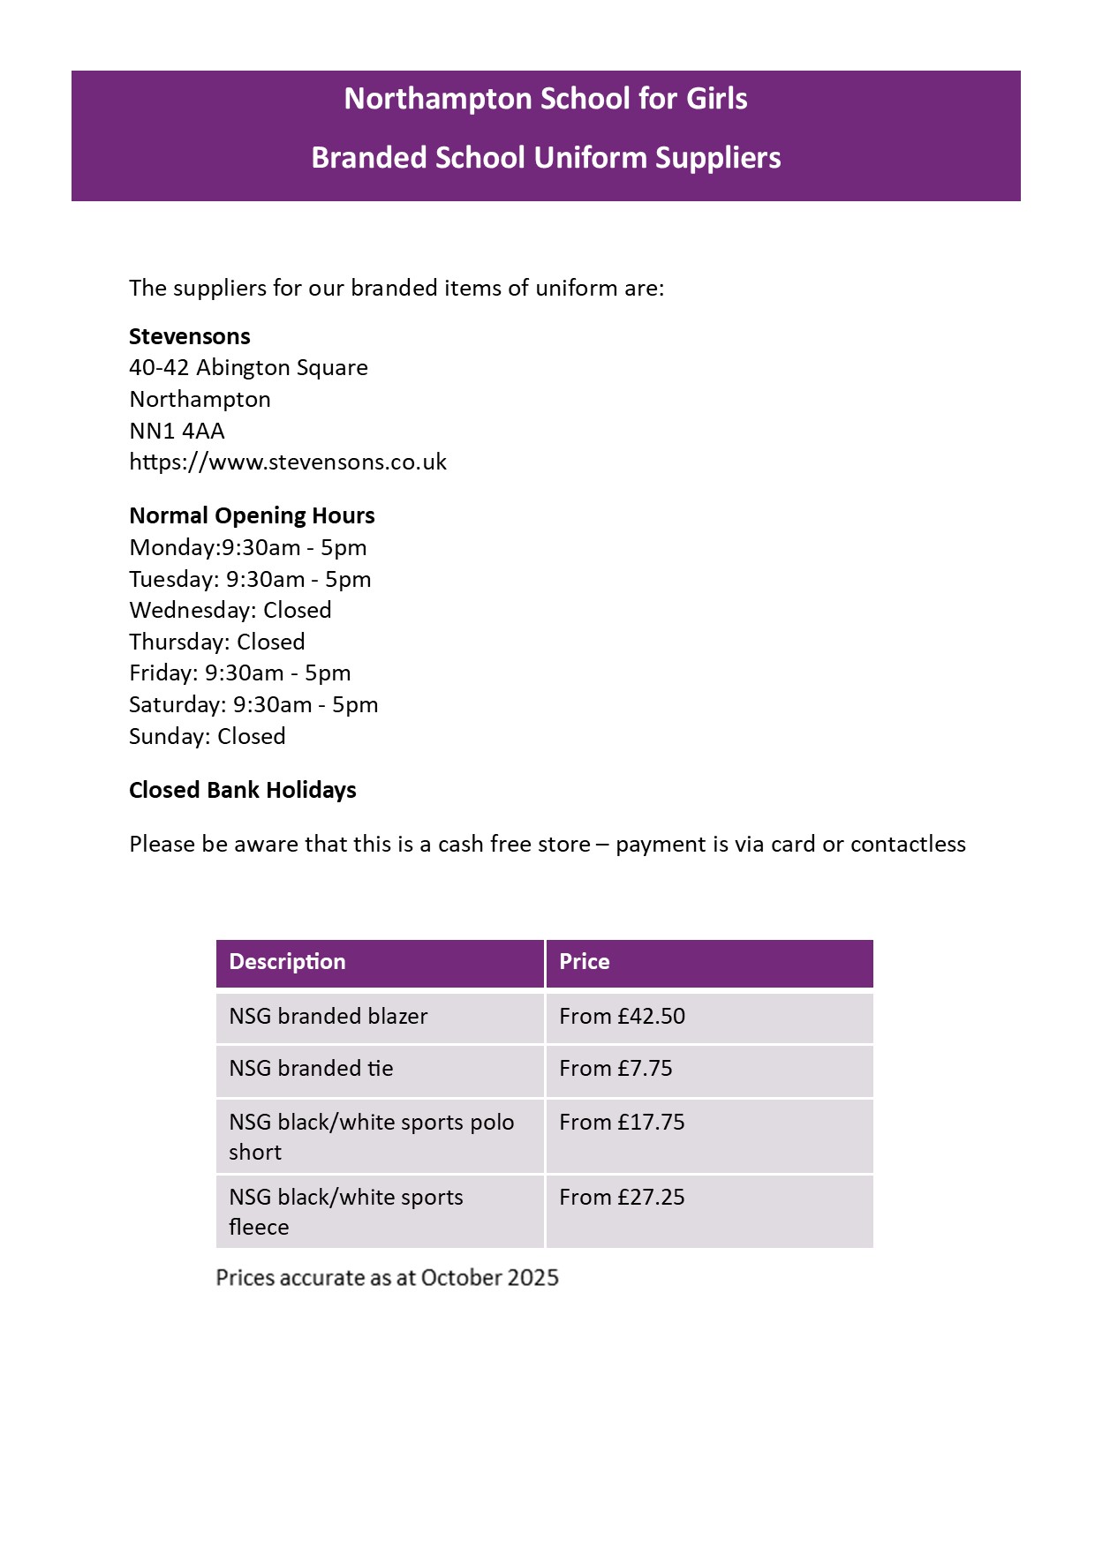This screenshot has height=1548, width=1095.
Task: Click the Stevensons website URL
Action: click(288, 462)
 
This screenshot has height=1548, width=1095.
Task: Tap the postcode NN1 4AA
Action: click(177, 431)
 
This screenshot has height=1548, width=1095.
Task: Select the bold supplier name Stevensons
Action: click(190, 336)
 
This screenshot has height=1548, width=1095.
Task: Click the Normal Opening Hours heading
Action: click(252, 515)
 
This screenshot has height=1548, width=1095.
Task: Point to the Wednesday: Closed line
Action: click(230, 610)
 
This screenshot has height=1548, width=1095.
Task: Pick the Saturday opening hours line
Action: click(253, 704)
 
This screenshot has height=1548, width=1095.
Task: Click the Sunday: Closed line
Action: click(208, 736)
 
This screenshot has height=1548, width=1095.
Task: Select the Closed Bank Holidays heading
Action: click(243, 790)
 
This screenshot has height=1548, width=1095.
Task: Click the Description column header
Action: click(287, 962)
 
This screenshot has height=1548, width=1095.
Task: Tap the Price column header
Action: click(584, 962)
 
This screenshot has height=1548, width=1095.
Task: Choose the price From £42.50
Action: click(622, 1016)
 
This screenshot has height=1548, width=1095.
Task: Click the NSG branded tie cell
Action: click(311, 1069)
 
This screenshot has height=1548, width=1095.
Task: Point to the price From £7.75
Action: click(615, 1069)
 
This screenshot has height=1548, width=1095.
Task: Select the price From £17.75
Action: click(622, 1123)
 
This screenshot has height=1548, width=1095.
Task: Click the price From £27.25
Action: click(622, 1198)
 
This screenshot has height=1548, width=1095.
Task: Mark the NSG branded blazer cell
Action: click(328, 1016)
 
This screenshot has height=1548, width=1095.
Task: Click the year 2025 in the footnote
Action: click(532, 1278)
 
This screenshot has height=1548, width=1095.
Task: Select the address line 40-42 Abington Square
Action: click(248, 368)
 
